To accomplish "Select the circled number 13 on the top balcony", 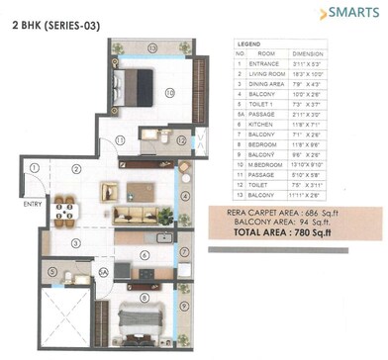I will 152,47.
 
